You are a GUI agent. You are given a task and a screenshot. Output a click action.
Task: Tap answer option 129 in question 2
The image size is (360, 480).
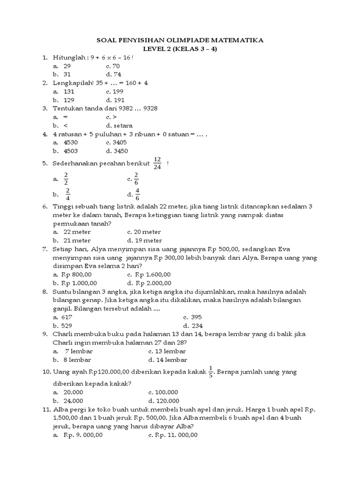click(69, 100)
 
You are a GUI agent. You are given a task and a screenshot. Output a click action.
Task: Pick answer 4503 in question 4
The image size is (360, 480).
click(71, 151)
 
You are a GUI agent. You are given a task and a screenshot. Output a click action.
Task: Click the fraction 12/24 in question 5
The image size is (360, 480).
click(157, 164)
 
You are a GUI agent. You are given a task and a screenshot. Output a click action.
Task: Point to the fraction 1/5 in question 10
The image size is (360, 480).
click(211, 371)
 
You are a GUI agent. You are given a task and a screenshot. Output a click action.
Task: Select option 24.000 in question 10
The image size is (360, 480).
click(73, 400)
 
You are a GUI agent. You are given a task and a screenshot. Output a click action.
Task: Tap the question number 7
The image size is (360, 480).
click(45, 249)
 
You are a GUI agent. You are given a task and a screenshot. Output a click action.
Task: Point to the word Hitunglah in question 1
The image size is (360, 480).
click(69, 57)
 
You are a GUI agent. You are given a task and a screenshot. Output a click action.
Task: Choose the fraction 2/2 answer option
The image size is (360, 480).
click(66, 179)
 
